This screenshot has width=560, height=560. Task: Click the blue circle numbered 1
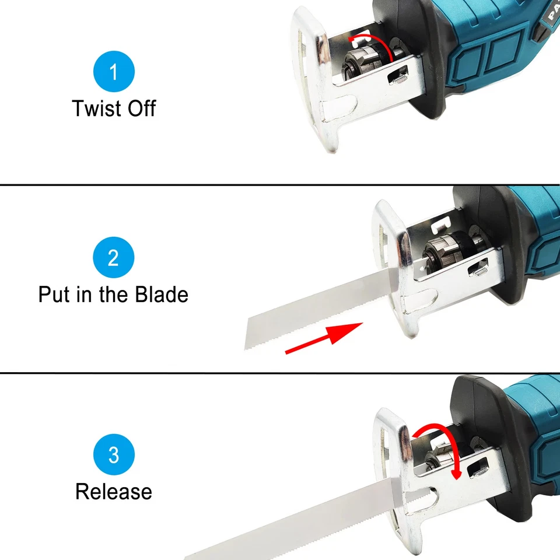(x=114, y=72)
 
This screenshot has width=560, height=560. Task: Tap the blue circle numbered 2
(x=114, y=258)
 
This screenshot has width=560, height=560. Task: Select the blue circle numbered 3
(x=114, y=454)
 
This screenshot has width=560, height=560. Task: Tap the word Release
(x=114, y=491)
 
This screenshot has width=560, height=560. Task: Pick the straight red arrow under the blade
(x=324, y=338)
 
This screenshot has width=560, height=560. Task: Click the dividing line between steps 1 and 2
(x=280, y=185)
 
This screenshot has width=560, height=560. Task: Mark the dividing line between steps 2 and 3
(x=280, y=372)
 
